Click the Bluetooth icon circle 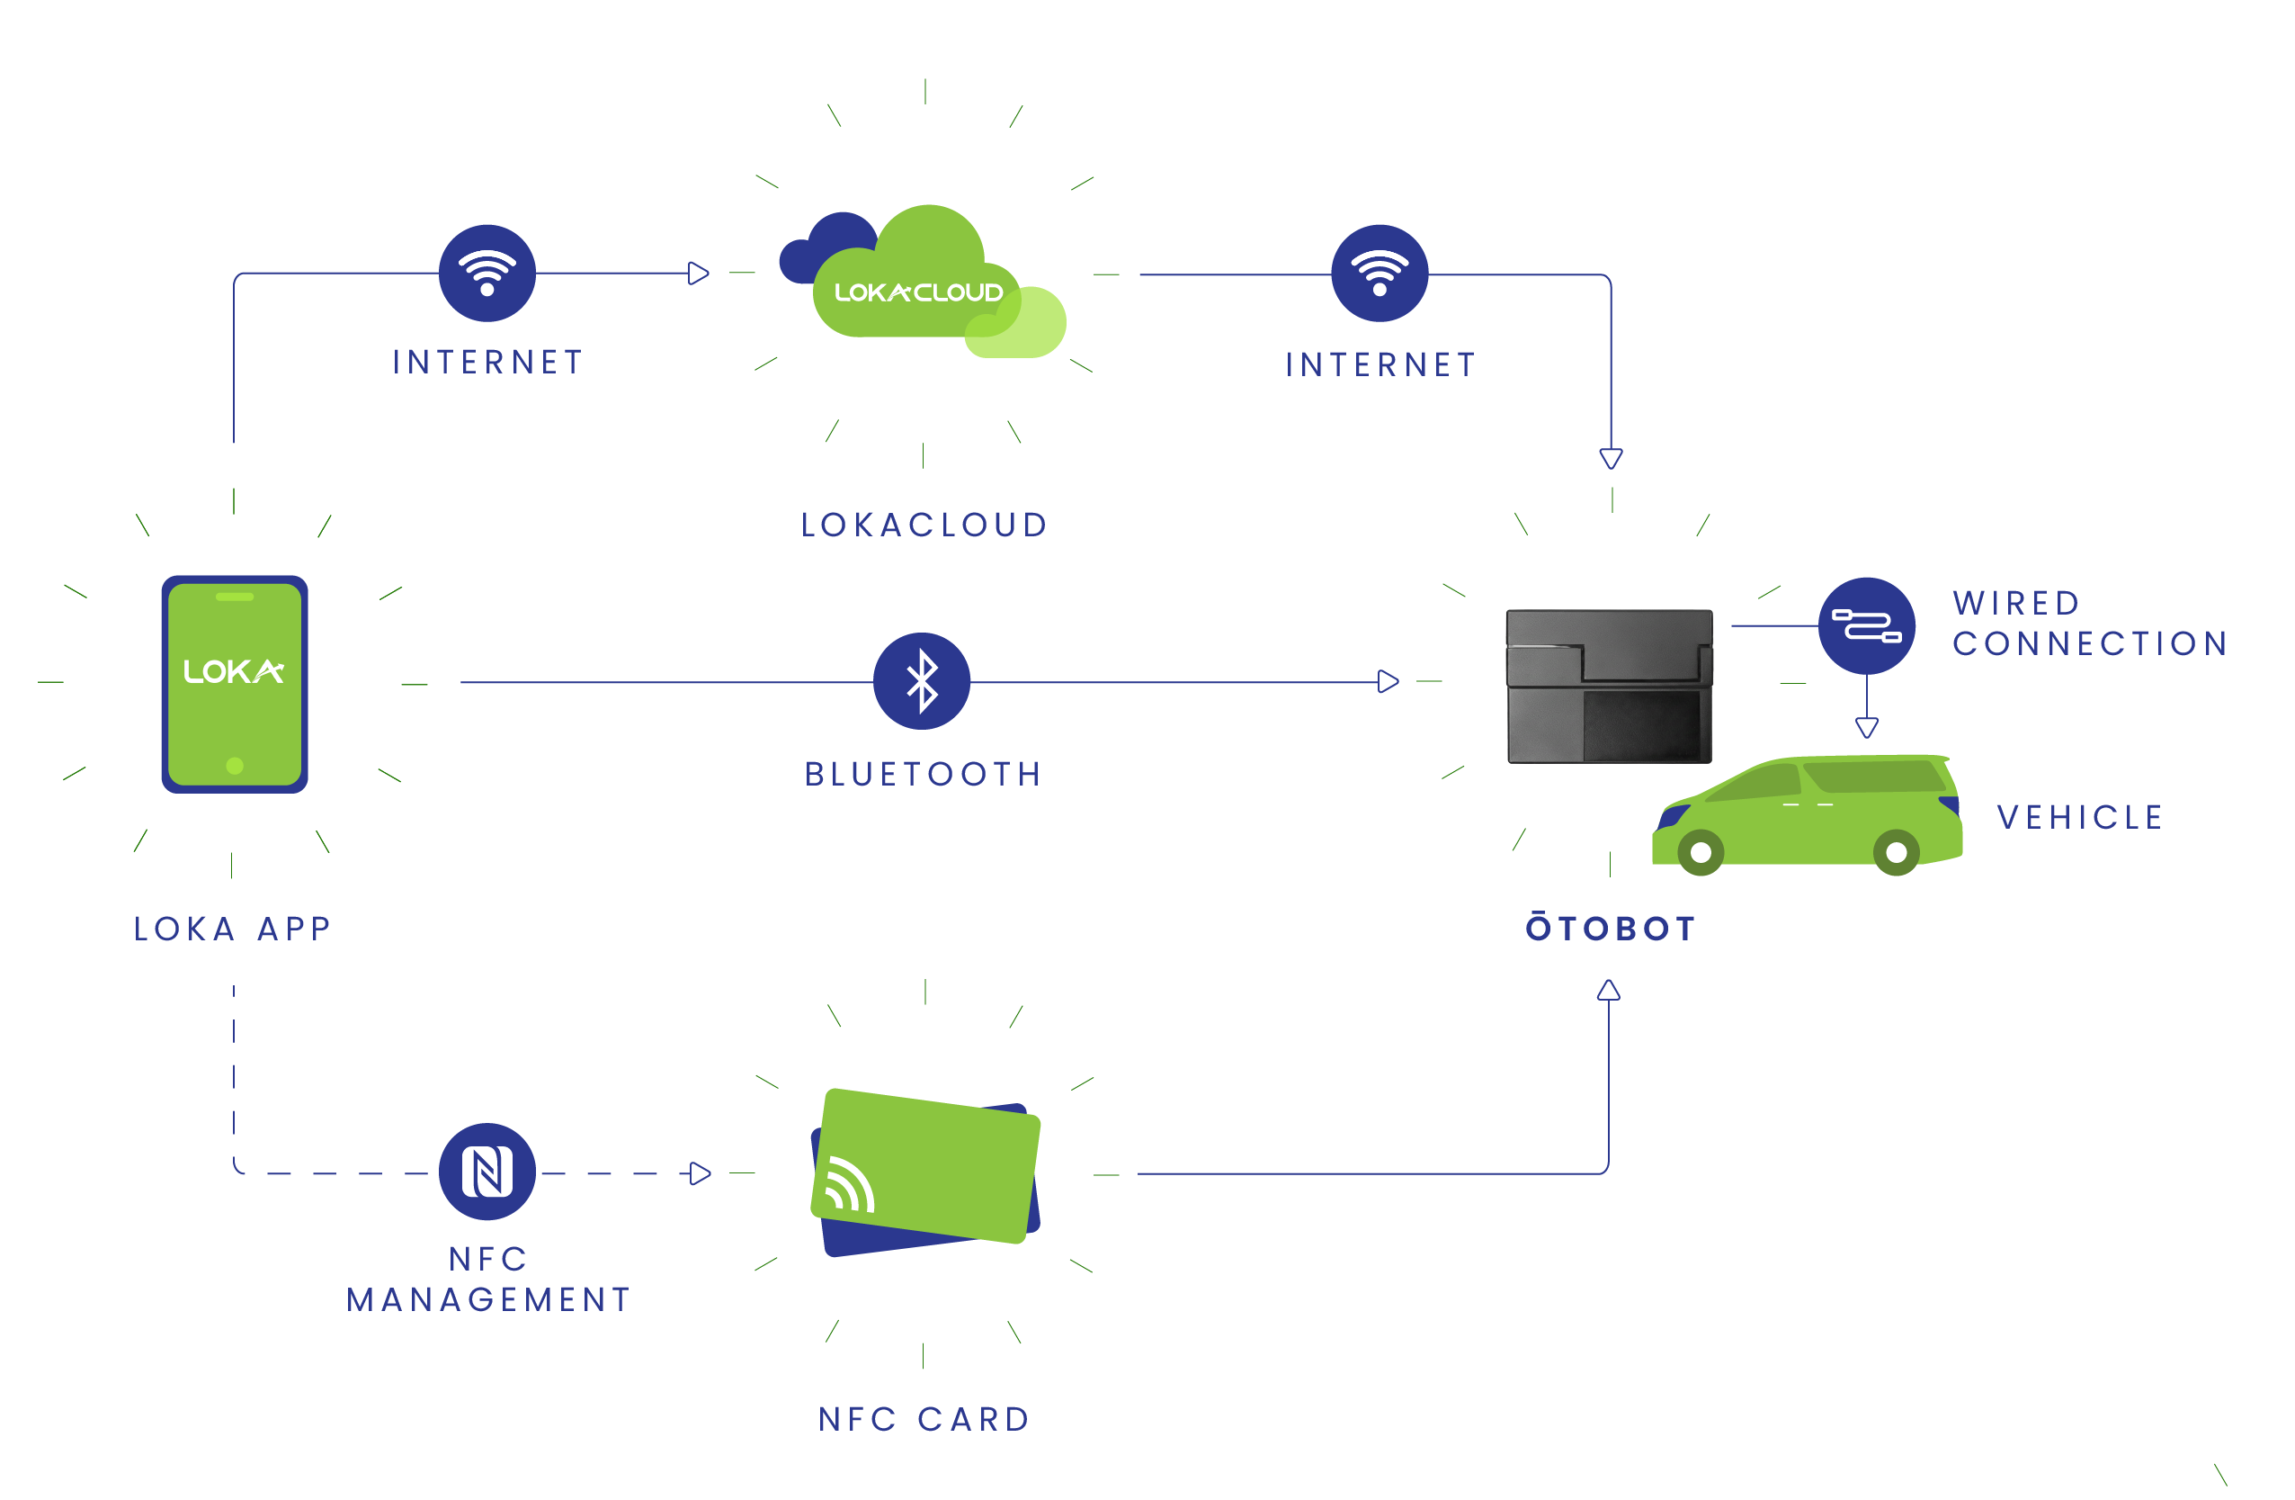(921, 681)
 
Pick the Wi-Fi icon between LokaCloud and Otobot (1379, 273)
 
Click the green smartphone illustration (235, 683)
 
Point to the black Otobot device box (1609, 686)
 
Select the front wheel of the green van (1700, 853)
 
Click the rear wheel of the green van (1896, 853)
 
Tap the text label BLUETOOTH (923, 774)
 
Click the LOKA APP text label (232, 928)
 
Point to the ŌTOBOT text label (1610, 928)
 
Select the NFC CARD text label (924, 1419)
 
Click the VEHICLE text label (2079, 817)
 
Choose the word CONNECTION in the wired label (2090, 643)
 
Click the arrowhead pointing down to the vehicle (1867, 727)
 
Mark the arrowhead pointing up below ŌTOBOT (1609, 990)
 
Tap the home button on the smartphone (235, 766)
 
